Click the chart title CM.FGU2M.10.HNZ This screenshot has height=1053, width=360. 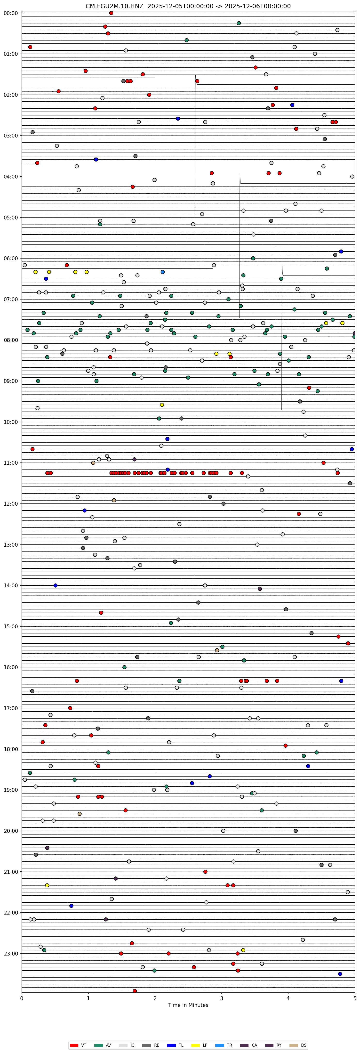tap(188, 6)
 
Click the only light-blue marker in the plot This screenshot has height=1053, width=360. tap(163, 272)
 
